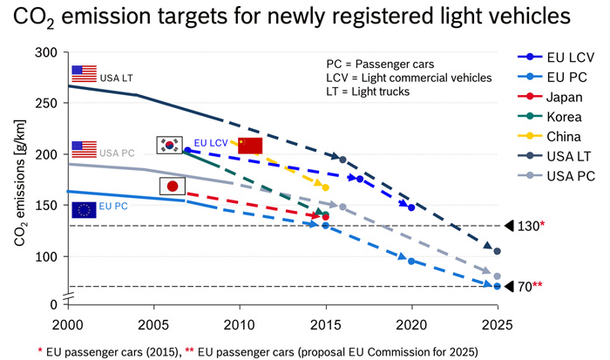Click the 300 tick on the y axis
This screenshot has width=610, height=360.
[43, 53]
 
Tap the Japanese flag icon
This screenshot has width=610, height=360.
[172, 186]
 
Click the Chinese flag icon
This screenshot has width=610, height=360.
[250, 145]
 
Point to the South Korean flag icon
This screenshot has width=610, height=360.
[168, 144]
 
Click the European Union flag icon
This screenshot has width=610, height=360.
[84, 208]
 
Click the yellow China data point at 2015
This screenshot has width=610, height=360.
[325, 187]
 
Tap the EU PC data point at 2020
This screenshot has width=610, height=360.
[411, 261]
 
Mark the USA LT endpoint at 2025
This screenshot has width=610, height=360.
[497, 251]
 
